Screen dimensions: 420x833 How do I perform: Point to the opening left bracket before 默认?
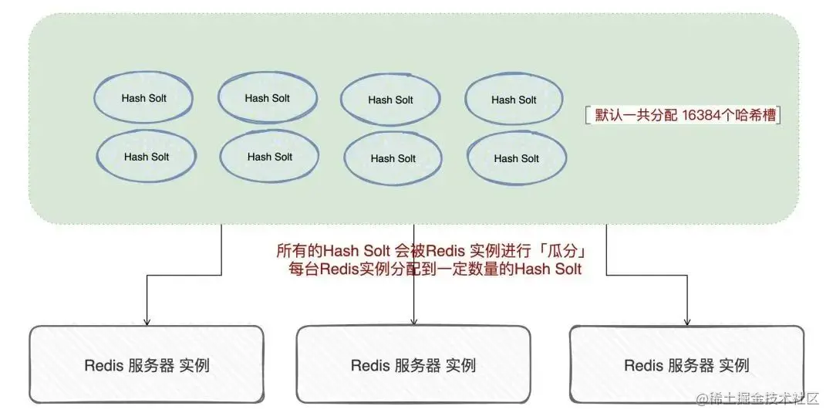[x=588, y=116]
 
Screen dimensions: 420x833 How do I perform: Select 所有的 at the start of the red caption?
[x=299, y=252]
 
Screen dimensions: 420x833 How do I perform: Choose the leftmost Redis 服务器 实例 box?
[x=147, y=364]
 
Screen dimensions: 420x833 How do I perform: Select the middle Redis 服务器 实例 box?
[x=413, y=364]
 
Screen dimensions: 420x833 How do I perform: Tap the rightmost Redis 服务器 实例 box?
[x=686, y=364]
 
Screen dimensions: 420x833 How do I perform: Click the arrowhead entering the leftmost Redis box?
[x=147, y=320]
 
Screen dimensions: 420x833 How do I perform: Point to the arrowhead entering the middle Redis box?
[x=414, y=320]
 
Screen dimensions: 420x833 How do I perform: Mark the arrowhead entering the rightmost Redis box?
[x=687, y=320]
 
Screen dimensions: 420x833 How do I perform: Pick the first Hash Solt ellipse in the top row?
[x=143, y=98]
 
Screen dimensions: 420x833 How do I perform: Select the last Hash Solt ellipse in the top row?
[x=514, y=100]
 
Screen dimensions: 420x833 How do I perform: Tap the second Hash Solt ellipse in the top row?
[x=267, y=98]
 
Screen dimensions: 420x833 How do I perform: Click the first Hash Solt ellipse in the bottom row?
[x=146, y=156]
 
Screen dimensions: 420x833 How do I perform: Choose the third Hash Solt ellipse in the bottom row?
[x=393, y=158]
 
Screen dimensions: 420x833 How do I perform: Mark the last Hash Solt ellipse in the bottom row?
[x=516, y=158]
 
